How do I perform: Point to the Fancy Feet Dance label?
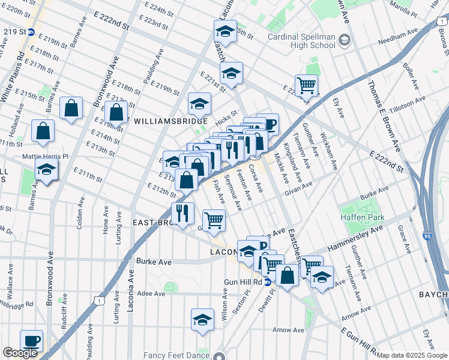pyautogui.click(x=181, y=354)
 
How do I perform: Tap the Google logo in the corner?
pyautogui.click(x=20, y=353)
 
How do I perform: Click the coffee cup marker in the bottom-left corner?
pyautogui.click(x=31, y=341)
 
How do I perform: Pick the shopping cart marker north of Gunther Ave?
pyautogui.click(x=306, y=85)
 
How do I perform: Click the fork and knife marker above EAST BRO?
pyautogui.click(x=182, y=212)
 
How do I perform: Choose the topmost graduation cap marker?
pyautogui.click(x=226, y=31)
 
